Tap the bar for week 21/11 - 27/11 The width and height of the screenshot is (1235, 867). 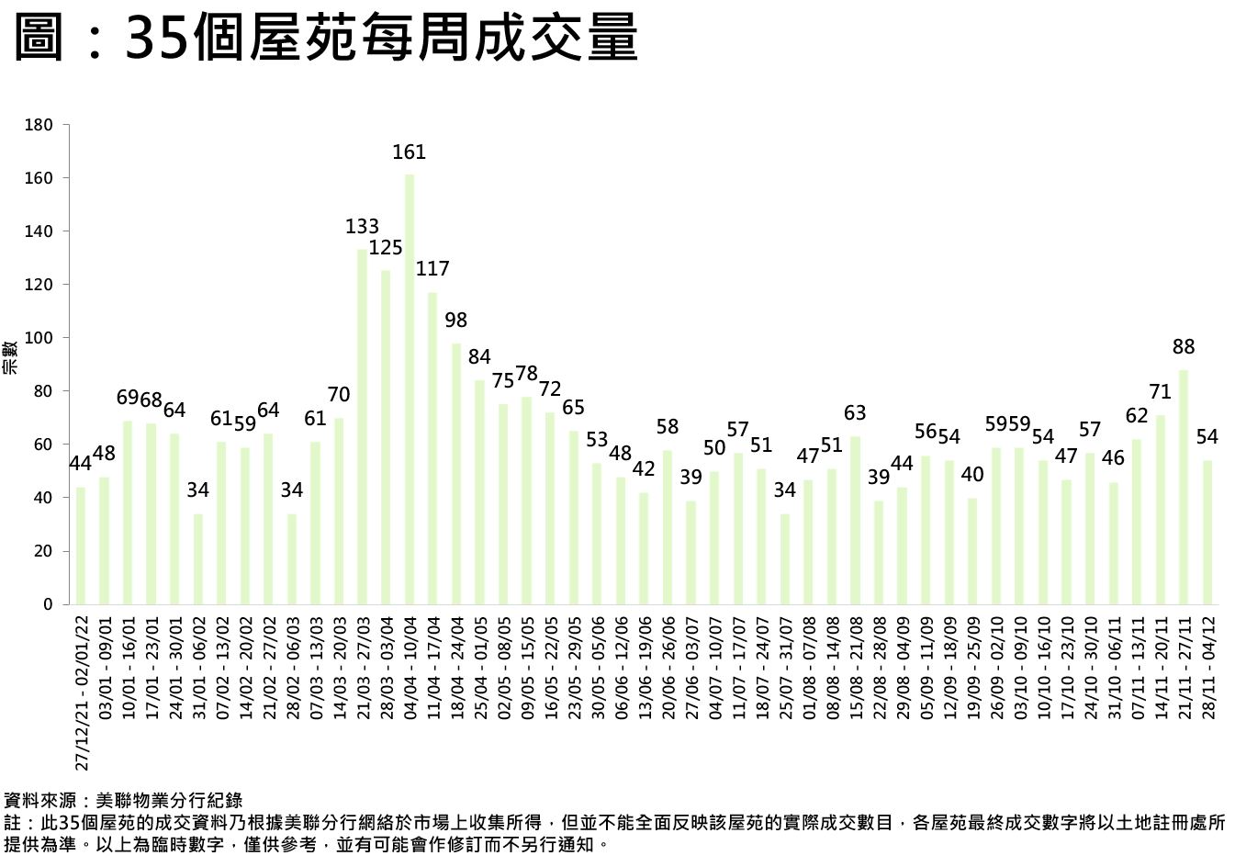(x=1184, y=487)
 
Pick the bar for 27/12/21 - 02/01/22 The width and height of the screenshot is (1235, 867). (x=81, y=546)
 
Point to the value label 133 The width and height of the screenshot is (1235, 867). (x=362, y=227)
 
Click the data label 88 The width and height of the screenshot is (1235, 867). (x=1184, y=347)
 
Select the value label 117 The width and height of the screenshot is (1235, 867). (x=432, y=269)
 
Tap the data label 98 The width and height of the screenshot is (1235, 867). (x=455, y=321)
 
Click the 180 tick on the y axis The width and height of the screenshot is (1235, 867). (x=42, y=125)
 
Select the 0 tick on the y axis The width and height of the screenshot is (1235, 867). (x=48, y=604)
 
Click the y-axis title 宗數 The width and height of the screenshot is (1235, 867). (x=9, y=357)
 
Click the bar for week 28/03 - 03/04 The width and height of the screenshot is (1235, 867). (x=386, y=437)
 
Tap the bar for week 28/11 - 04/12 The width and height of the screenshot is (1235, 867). (x=1207, y=533)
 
